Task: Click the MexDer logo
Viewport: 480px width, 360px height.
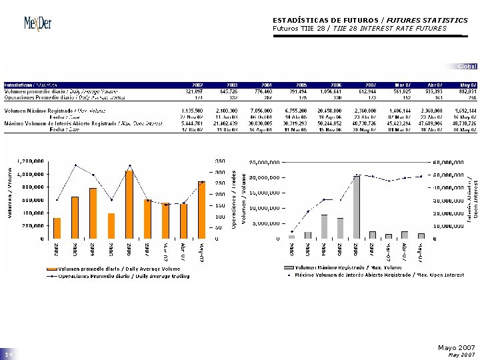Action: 37,23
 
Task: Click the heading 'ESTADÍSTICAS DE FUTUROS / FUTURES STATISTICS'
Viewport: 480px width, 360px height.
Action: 370,20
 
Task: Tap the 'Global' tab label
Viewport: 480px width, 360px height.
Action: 467,67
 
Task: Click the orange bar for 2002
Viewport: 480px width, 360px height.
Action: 57,228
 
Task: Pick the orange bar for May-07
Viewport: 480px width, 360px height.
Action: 201,210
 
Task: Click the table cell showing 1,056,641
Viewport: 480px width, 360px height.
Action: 331,92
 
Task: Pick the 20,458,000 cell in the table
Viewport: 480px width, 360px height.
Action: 331,110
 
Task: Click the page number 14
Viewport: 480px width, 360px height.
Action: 9,356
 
